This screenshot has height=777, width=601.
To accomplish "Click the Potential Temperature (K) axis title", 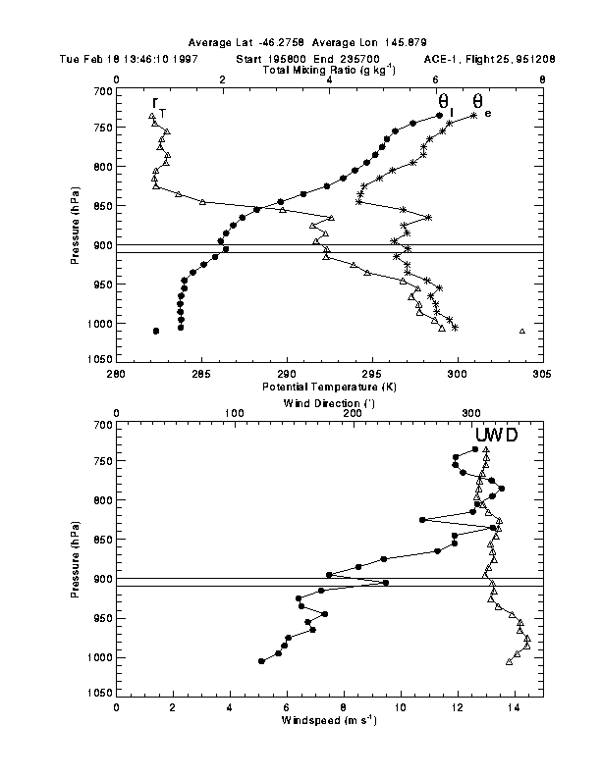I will click(328, 388).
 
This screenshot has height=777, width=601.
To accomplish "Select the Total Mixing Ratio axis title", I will click(328, 72).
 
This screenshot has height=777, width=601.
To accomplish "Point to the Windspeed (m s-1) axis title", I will click(328, 721).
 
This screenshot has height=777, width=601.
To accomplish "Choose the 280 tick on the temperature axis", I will click(116, 373).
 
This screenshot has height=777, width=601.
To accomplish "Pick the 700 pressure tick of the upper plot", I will click(101, 91).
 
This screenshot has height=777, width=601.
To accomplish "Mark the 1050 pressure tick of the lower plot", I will click(99, 693).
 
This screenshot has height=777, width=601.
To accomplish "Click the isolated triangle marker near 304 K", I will click(522, 332).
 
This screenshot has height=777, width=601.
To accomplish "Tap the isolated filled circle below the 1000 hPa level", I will click(156, 332).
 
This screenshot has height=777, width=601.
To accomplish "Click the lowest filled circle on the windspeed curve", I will click(261, 661).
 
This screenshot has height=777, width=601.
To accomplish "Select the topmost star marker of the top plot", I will click(473, 116).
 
